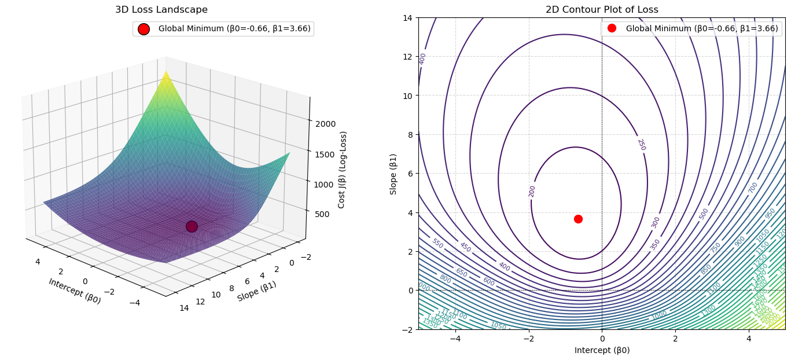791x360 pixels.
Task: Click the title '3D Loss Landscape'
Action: [161, 10]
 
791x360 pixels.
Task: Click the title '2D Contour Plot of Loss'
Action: [602, 10]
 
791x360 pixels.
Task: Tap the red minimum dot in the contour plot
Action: [578, 219]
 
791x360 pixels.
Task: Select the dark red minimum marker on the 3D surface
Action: [192, 226]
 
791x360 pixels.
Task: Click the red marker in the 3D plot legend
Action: [144, 29]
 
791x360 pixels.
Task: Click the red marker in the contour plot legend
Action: [612, 28]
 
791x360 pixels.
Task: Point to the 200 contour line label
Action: [532, 191]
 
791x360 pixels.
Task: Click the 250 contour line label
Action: [641, 145]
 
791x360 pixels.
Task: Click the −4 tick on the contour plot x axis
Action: [455, 338]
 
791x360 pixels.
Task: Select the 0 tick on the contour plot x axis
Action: [602, 338]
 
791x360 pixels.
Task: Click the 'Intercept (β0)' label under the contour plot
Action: [602, 350]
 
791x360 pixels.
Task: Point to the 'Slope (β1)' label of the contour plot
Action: [393, 174]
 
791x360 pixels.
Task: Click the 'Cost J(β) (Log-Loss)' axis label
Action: [343, 170]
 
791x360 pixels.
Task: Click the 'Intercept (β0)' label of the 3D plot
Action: [75, 291]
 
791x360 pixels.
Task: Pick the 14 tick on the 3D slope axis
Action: [183, 308]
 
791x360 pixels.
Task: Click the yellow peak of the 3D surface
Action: [166, 72]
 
